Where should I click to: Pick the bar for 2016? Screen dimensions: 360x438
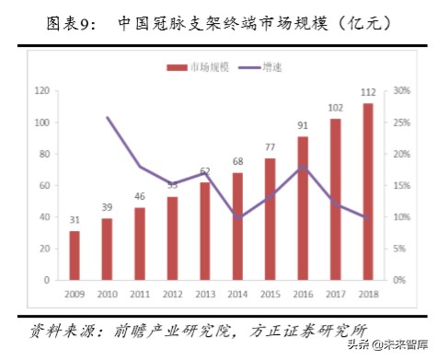(x=304, y=208)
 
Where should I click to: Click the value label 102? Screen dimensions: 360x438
(x=336, y=108)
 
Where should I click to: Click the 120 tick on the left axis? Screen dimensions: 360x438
(x=40, y=91)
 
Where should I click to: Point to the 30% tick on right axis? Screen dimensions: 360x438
(x=401, y=91)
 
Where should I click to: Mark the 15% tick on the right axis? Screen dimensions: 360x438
(x=401, y=185)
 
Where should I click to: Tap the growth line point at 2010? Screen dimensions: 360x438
(x=108, y=117)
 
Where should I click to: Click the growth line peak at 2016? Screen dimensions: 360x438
(x=304, y=167)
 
